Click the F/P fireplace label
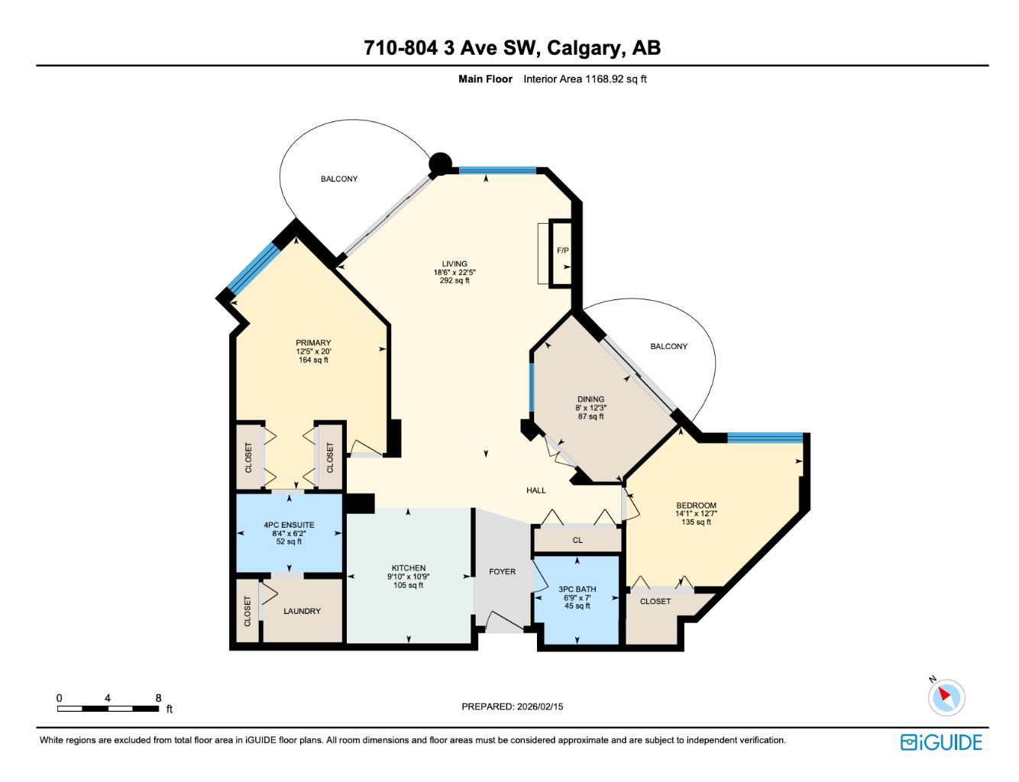coord(562,250)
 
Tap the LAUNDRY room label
coord(302,611)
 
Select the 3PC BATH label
coord(577,589)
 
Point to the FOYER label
coord(502,571)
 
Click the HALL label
coord(536,490)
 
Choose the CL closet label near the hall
coord(577,540)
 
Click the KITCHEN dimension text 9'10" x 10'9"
coord(408,577)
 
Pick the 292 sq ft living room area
coord(455,280)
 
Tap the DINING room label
coord(590,399)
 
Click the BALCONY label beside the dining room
coord(668,346)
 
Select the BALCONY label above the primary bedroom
coord(338,179)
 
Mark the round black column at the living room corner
coord(440,163)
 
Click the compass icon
coord(946,696)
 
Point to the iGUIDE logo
coord(941,742)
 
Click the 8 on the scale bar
coord(158,698)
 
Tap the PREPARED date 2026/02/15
coord(539,706)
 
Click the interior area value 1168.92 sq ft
coord(616,79)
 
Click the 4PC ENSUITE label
coord(289,525)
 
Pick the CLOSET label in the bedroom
coord(655,601)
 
